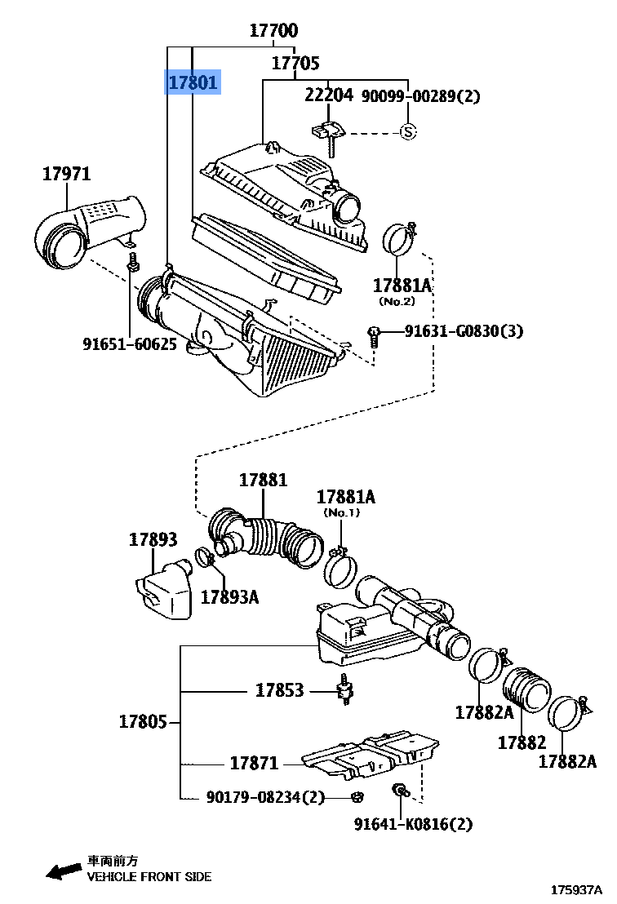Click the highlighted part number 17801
193,82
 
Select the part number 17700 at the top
273,30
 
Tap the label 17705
295,63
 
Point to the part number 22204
329,95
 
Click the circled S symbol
408,133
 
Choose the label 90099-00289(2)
420,95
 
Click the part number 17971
67,174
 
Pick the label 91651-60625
130,344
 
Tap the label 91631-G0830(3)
464,331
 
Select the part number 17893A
229,596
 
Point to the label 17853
279,690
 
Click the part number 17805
143,721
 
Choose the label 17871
255,764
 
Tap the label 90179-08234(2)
265,797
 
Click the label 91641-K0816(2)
413,824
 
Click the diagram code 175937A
576,890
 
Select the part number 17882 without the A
522,742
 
